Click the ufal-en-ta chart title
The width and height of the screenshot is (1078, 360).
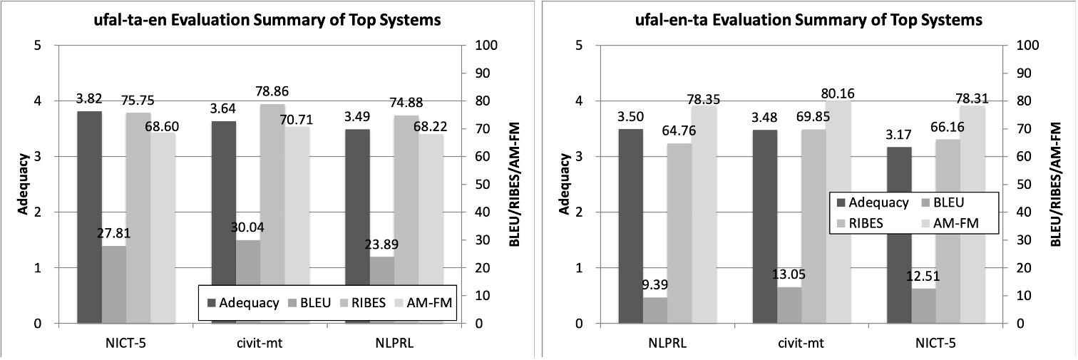pos(808,21)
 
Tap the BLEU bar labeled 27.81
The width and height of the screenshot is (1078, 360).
pos(114,284)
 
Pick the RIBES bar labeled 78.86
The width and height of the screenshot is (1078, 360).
pos(272,214)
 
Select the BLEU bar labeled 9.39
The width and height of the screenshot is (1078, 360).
pos(656,310)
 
